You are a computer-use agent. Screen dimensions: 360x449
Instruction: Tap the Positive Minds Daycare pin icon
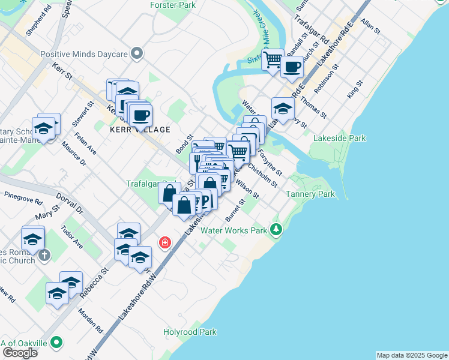[137, 54]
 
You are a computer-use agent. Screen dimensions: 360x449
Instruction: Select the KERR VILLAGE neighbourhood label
[140, 130]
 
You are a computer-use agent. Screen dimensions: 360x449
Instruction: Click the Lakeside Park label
[339, 138]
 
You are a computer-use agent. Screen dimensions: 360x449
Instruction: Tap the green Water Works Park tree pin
[276, 229]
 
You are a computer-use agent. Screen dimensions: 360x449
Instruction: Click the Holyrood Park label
[190, 332]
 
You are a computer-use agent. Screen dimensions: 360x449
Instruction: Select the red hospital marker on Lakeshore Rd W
[164, 243]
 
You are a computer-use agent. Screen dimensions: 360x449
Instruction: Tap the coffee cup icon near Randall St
[292, 67]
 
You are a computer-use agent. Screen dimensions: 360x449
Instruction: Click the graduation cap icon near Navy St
[283, 109]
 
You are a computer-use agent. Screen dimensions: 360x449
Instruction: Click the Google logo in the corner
[20, 353]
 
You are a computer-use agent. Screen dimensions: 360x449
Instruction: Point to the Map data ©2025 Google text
[411, 355]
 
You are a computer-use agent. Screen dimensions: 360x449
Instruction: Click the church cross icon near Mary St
[44, 254]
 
